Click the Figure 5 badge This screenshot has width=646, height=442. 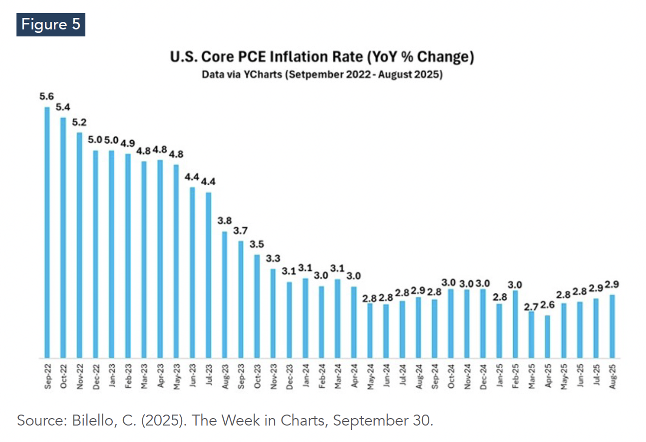click(x=50, y=25)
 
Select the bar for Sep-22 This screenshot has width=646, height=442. click(x=47, y=232)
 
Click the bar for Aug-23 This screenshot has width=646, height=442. click(x=225, y=295)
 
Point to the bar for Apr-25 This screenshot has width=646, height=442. click(x=548, y=337)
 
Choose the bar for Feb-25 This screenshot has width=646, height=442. click(x=515, y=324)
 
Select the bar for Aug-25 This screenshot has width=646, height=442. click(x=612, y=326)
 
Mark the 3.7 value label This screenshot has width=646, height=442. click(x=241, y=231)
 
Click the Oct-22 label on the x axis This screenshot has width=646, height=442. click(x=63, y=375)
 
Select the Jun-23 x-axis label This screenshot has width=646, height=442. click(x=193, y=375)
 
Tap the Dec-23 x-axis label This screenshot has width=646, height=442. click(x=290, y=375)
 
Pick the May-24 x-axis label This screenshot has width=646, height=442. click(x=370, y=375)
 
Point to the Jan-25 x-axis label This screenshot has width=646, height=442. click(x=499, y=375)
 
